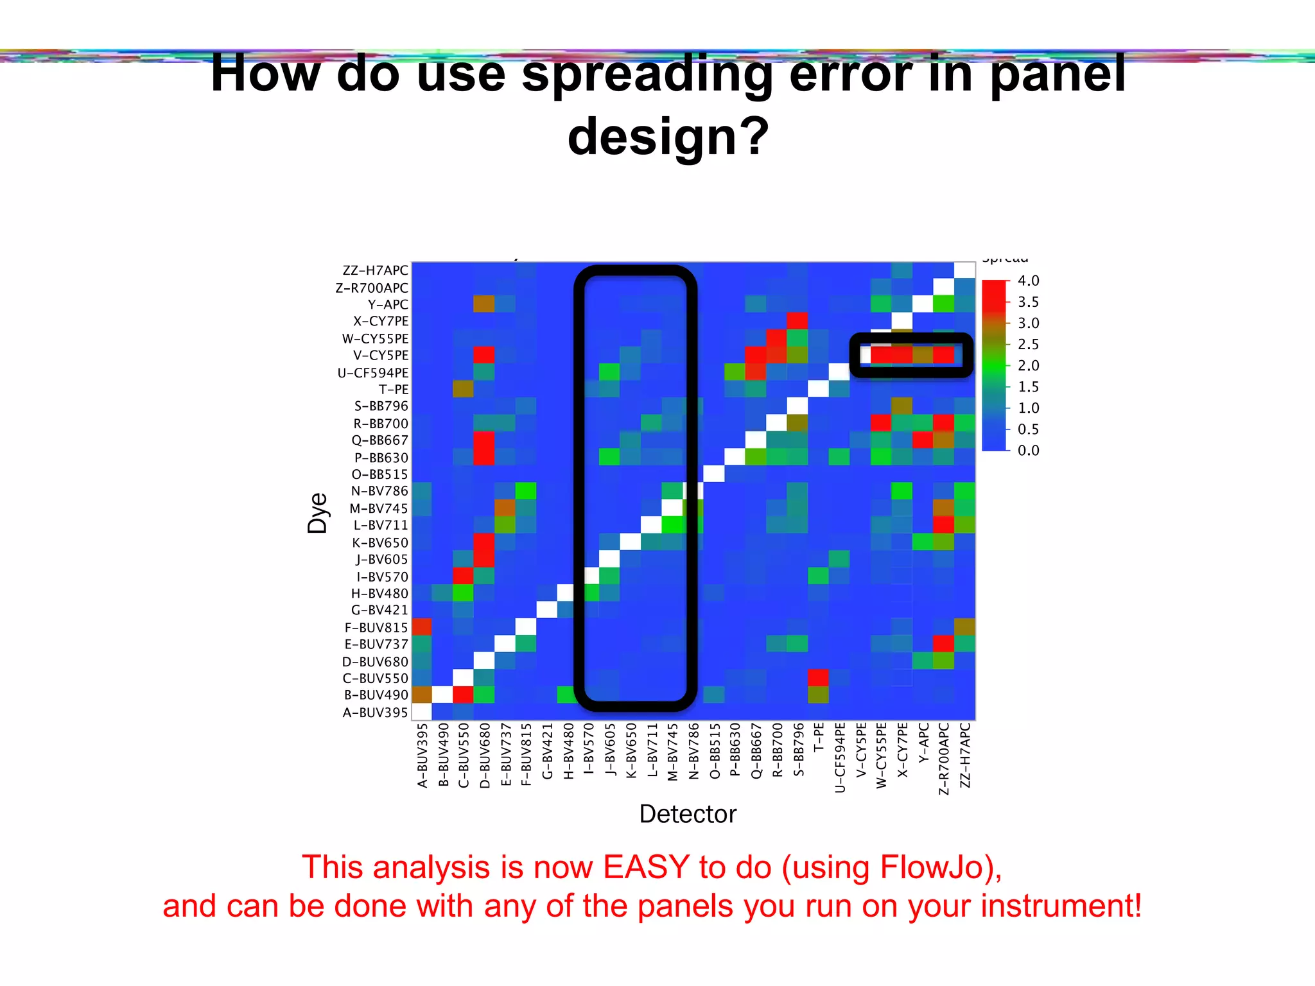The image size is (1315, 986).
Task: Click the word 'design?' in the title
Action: point(668,136)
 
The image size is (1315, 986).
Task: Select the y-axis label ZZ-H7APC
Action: point(375,270)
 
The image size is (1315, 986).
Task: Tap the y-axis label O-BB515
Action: point(379,474)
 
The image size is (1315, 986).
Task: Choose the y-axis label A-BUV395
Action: point(375,712)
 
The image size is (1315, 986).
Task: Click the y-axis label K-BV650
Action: point(379,542)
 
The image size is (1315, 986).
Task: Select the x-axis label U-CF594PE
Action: point(840,757)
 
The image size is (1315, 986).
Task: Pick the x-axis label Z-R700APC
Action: point(944,758)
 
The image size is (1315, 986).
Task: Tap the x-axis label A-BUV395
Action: point(422,755)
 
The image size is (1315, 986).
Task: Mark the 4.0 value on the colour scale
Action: point(1028,281)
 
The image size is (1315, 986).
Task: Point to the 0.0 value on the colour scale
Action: point(1028,450)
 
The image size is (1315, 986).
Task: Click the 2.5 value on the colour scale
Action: point(1028,344)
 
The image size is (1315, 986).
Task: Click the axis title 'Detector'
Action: point(688,814)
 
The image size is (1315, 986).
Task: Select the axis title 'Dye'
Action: point(318,513)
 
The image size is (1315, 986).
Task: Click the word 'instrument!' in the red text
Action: point(1061,906)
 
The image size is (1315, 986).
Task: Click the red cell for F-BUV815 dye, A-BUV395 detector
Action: point(422,627)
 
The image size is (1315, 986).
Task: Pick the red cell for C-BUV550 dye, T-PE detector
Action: point(818,677)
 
